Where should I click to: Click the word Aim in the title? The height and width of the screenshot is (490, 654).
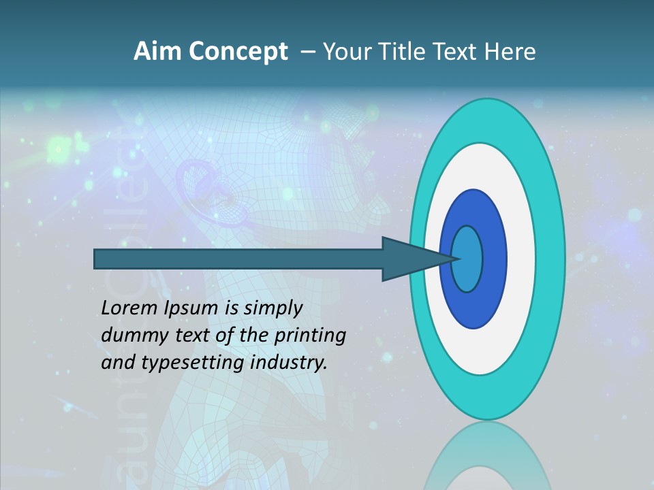coord(159,52)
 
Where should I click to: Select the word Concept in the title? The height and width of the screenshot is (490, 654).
coord(238,52)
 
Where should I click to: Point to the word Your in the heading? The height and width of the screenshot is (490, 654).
coord(346,52)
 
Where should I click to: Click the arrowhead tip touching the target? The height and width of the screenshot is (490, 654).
coord(458,259)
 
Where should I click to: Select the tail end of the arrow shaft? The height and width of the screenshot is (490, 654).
coord(97,259)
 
